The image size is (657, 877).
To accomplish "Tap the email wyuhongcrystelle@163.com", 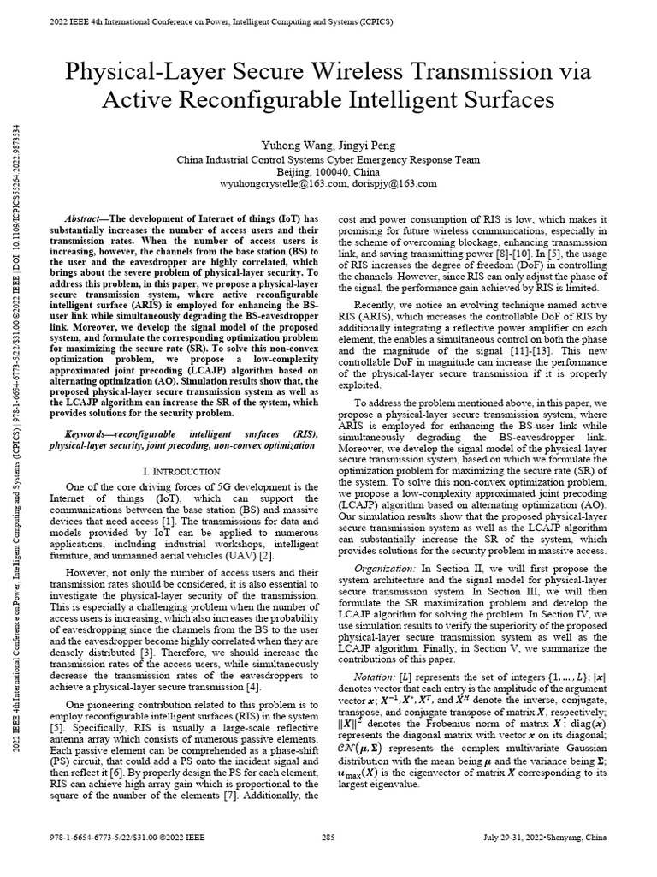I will (272, 183).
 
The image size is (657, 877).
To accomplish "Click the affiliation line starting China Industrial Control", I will (328, 158).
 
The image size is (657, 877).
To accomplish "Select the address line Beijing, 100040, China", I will (328, 171).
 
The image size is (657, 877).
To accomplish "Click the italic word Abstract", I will (84, 220).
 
